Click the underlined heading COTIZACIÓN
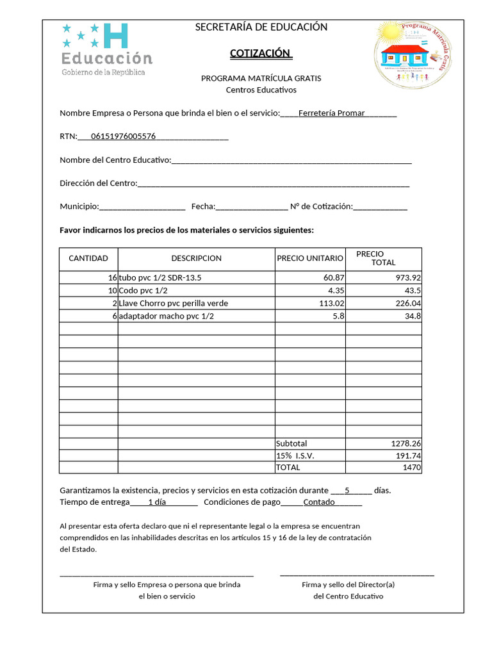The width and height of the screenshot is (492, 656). (x=261, y=53)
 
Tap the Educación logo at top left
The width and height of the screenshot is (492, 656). (x=107, y=49)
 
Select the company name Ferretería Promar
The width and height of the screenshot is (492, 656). (x=332, y=113)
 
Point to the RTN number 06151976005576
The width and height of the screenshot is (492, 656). (x=124, y=136)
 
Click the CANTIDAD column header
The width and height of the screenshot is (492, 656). (x=88, y=259)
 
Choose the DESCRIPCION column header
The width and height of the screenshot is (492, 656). (x=196, y=259)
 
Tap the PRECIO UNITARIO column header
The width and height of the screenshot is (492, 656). (x=310, y=259)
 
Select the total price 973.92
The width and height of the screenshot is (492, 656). (x=407, y=278)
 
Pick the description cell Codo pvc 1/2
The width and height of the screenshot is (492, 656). (x=143, y=291)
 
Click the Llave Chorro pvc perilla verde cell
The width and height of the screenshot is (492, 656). (x=173, y=304)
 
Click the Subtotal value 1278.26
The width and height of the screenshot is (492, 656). (x=406, y=444)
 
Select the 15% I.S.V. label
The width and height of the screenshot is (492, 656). (x=295, y=456)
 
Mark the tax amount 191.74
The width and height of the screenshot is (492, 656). (x=408, y=456)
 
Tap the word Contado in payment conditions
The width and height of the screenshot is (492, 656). (x=319, y=502)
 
